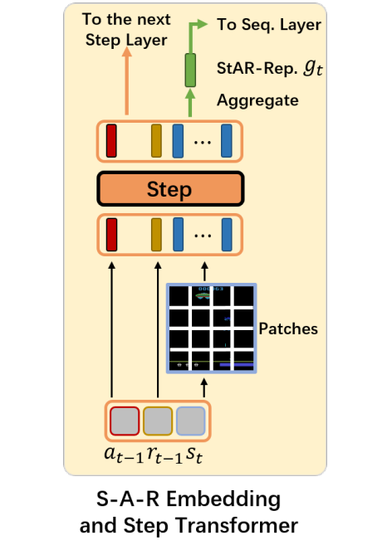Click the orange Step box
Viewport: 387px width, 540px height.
[171, 189]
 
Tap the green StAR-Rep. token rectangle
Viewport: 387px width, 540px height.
[190, 70]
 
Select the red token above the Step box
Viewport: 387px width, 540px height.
[111, 141]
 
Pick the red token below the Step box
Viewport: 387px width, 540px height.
[111, 235]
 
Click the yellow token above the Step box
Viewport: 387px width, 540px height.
[156, 141]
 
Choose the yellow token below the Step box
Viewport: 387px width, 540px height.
[156, 235]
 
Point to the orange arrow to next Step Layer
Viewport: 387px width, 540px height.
[127, 81]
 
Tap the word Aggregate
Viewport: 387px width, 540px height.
[257, 101]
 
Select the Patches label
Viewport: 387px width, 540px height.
[288, 328]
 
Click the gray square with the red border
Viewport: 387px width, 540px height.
[125, 421]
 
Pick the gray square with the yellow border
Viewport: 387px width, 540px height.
[158, 421]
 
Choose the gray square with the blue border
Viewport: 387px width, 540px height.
[191, 421]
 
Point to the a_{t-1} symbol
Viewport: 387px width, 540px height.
[124, 455]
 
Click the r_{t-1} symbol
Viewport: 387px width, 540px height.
[164, 455]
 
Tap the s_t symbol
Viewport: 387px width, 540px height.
[194, 455]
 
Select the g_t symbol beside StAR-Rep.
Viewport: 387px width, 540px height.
[313, 67]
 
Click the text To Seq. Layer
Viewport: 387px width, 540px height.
[269, 25]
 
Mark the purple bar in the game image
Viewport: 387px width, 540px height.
[237, 364]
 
